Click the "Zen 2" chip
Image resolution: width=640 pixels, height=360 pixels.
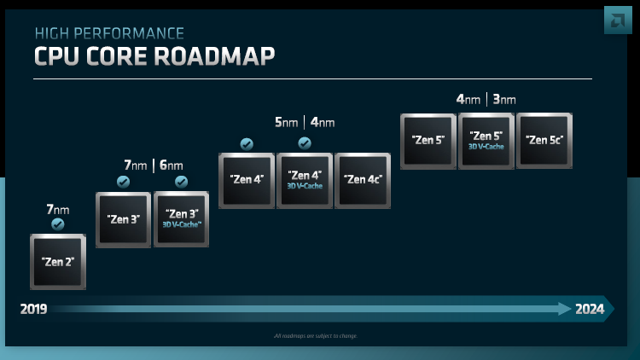click(x=58, y=261)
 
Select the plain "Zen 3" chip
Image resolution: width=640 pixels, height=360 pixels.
click(x=123, y=219)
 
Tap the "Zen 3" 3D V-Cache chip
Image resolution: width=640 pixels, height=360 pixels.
click(x=181, y=219)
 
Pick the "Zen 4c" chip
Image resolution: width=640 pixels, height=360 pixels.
click(x=363, y=180)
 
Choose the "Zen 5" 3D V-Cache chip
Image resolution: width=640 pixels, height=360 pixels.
click(x=486, y=140)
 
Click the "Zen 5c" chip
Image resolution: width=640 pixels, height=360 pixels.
click(x=544, y=140)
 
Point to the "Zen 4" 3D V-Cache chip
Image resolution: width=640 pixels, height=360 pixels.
click(x=305, y=180)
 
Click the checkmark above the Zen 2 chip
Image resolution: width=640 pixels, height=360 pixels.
click(x=58, y=224)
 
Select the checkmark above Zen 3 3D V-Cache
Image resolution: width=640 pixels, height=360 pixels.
click(x=181, y=182)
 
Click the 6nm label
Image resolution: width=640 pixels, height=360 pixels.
click(x=171, y=165)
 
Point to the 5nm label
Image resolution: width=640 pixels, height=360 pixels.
click(x=286, y=123)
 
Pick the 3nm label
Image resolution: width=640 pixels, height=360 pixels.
click(x=503, y=100)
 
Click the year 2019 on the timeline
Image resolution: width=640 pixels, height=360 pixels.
click(x=34, y=309)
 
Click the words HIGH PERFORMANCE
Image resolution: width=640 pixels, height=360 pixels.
click(x=108, y=33)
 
